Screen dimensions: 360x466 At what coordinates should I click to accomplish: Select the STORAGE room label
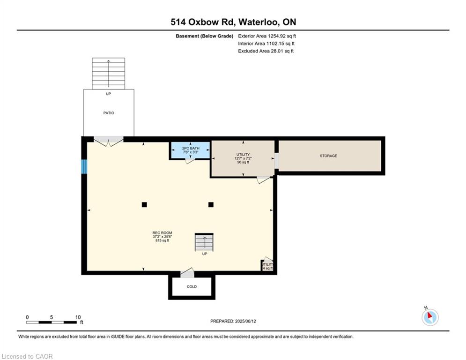point(328,156)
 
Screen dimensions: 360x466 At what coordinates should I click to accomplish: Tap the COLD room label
point(192,286)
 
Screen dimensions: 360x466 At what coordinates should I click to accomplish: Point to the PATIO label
point(109,113)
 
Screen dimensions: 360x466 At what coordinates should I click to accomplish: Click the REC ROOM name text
point(162,233)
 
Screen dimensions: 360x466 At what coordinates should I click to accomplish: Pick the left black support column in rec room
point(144,204)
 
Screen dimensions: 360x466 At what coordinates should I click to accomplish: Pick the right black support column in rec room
point(211,204)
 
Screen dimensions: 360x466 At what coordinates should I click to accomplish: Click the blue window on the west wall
point(84,166)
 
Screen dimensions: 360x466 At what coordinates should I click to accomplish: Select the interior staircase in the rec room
point(204,243)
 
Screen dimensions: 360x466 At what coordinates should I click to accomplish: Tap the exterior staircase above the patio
point(109,73)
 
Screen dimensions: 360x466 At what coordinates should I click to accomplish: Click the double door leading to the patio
point(109,141)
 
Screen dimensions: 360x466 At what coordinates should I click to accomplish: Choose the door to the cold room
point(187,273)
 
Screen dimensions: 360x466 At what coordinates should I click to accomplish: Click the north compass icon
point(429,317)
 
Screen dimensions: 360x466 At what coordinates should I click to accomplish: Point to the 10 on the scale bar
point(78,317)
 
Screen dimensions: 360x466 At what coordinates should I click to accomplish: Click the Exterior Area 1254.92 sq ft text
point(267,36)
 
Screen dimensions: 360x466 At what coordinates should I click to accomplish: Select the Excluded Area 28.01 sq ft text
point(266,51)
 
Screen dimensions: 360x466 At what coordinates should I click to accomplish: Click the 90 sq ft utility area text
point(243,163)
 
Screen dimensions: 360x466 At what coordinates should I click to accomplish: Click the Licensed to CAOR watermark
point(28,356)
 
